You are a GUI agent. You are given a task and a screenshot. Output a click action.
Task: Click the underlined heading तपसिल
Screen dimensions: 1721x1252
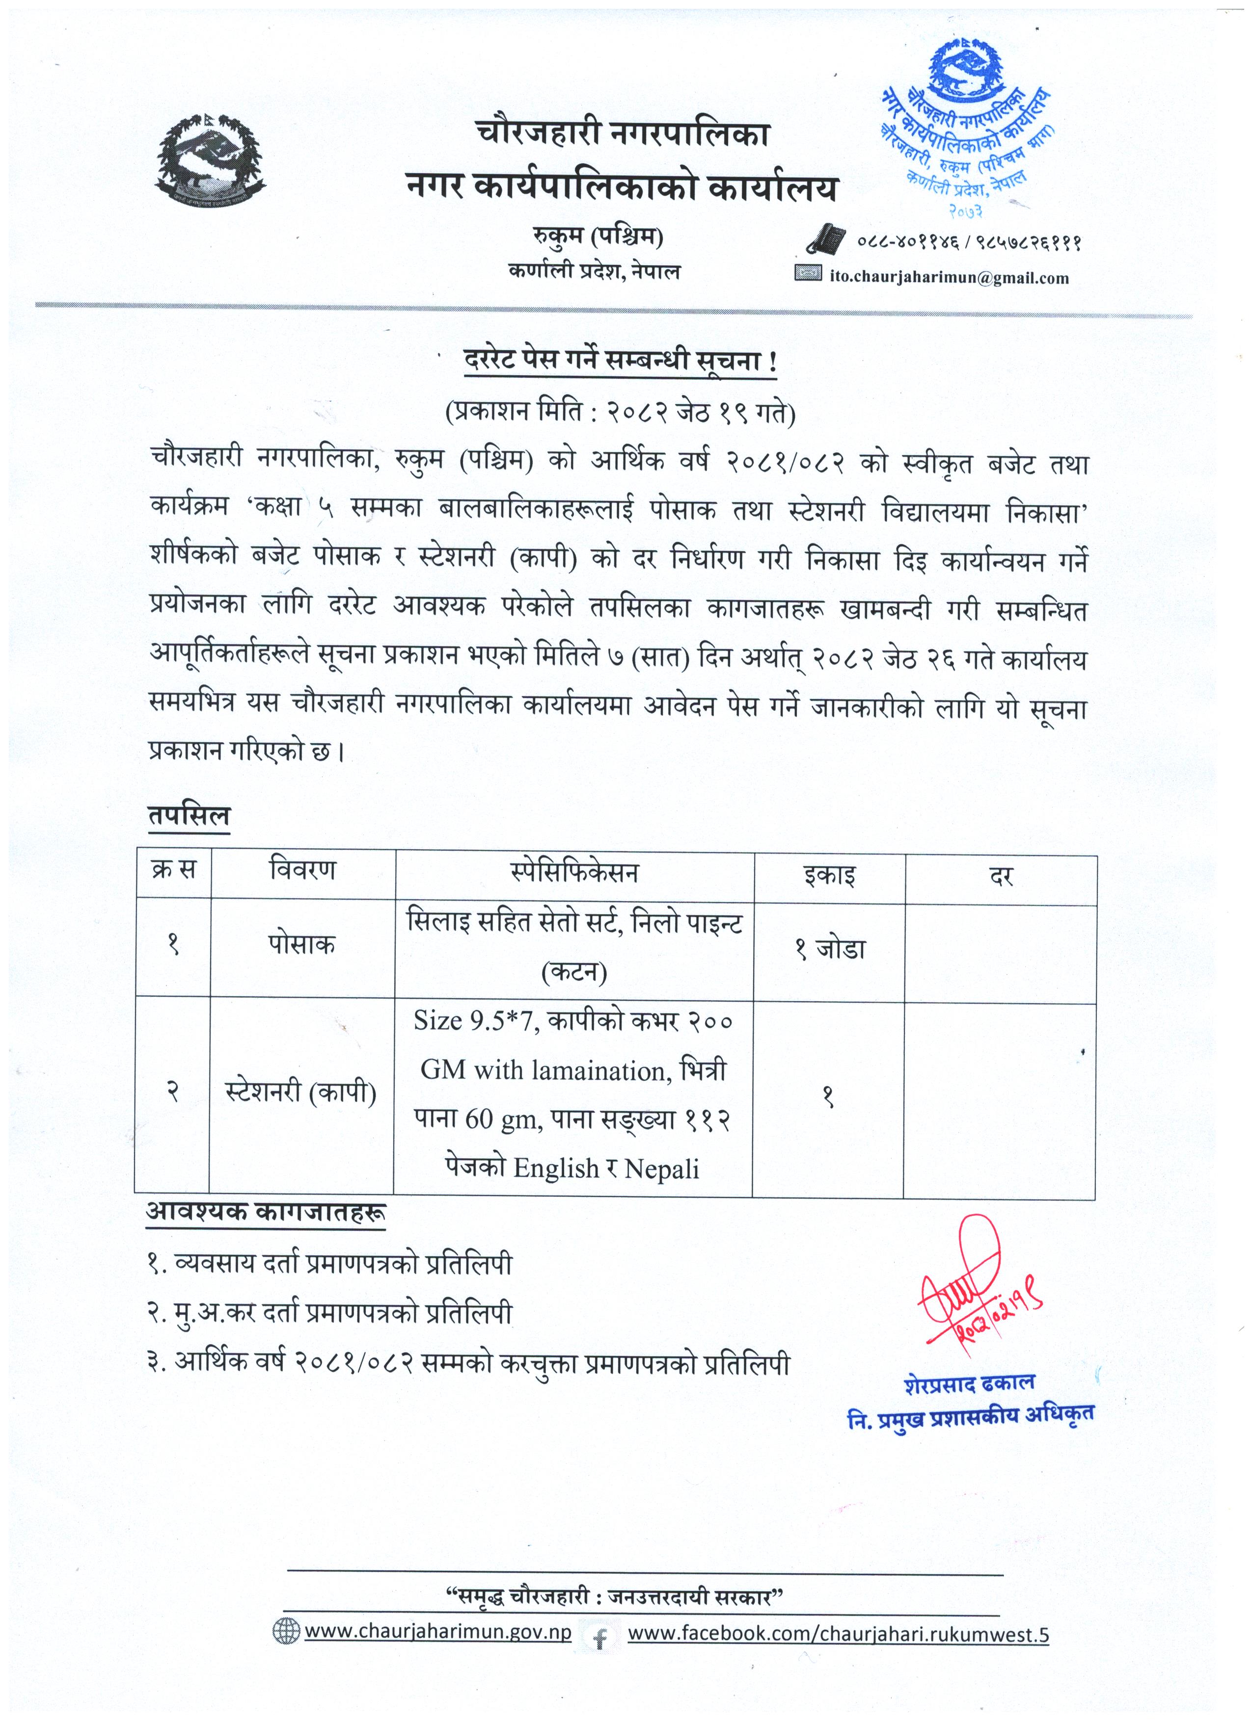pos(189,817)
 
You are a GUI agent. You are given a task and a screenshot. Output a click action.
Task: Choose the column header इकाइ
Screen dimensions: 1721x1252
pos(829,876)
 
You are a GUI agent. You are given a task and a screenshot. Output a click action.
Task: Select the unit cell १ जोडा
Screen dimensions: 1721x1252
pos(830,948)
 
